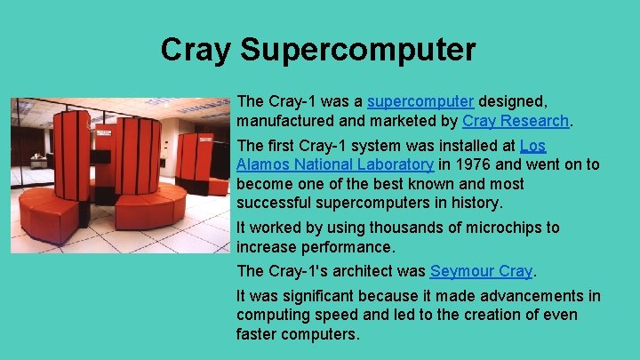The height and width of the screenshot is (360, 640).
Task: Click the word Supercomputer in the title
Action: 359,50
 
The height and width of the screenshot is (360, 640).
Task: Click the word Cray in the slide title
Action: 196,50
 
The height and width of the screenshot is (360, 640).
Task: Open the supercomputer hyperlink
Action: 420,101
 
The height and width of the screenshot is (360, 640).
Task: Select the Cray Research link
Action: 516,121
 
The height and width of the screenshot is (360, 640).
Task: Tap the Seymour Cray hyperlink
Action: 481,271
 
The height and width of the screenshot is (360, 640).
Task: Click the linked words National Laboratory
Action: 356,164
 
